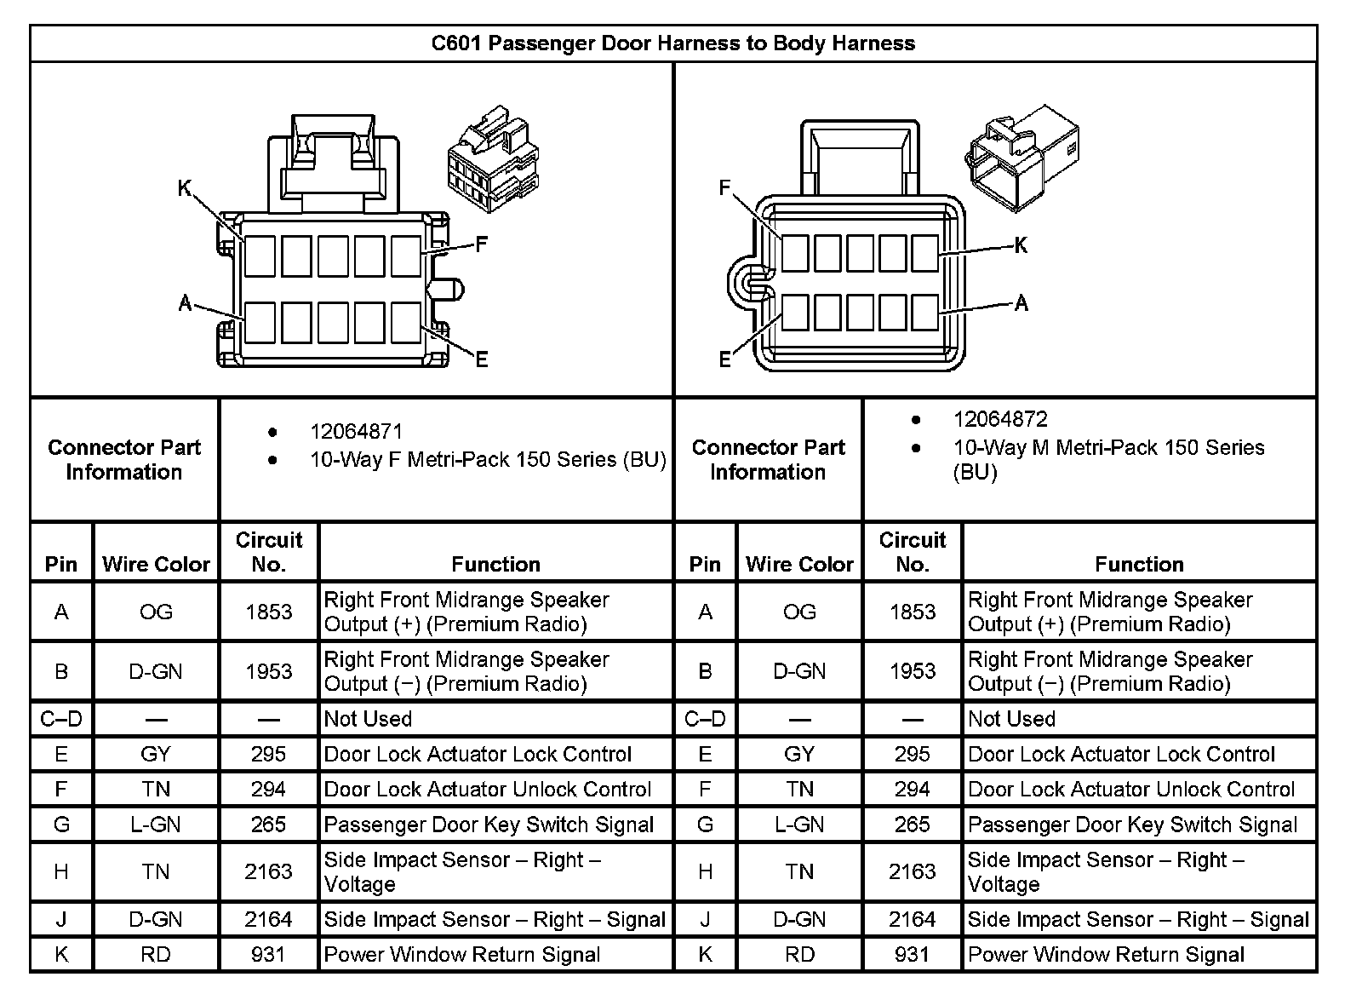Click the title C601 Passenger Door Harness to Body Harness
[672, 43]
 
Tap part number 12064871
[356, 432]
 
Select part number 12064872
[1000, 419]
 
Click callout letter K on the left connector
[185, 188]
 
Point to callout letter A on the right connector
[1021, 302]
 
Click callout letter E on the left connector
[482, 359]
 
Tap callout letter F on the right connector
[725, 187]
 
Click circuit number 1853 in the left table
[269, 612]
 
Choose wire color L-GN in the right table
[799, 825]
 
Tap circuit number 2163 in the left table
[269, 871]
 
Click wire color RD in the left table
[156, 955]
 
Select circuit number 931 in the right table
[912, 955]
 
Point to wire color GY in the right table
[799, 754]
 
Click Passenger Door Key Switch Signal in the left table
[489, 825]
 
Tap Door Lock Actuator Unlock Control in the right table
[1131, 790]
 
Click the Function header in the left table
[495, 564]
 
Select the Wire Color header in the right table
[799, 564]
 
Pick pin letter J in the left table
[61, 919]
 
